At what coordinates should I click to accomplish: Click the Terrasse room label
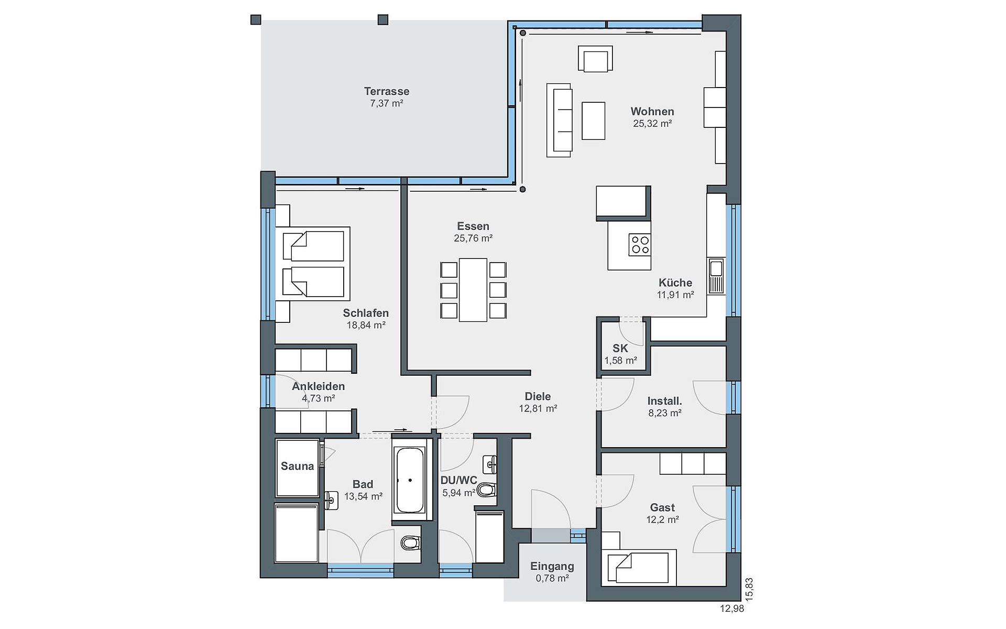387,91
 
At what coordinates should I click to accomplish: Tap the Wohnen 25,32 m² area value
652,124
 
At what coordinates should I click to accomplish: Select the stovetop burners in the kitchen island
640,245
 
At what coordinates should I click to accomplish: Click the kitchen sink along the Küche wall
716,276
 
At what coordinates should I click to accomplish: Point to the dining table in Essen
473,289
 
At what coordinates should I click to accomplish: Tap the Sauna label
297,466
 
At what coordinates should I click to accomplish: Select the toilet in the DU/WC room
486,490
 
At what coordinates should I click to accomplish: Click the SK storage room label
620,348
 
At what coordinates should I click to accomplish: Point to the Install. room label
664,401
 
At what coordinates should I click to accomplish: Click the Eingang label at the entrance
552,566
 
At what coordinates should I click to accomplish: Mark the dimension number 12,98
732,609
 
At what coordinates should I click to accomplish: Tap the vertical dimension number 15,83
749,589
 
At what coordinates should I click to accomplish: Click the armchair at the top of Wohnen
595,59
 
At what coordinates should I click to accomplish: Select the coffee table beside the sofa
593,121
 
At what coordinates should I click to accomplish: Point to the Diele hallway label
538,396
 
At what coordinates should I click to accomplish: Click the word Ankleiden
319,386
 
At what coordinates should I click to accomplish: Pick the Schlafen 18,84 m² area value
366,325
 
